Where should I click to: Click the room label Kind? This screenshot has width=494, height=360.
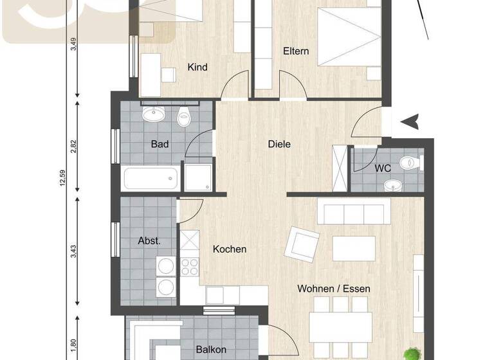point(197,67)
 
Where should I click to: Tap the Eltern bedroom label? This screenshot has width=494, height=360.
point(297,51)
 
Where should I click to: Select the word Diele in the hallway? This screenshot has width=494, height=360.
point(279,144)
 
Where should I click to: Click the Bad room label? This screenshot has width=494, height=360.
point(160,144)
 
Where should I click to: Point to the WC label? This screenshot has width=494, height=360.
point(383,168)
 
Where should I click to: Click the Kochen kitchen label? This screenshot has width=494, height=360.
point(230,249)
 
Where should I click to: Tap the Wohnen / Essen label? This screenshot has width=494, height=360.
point(333,289)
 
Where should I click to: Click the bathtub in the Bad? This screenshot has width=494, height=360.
point(151,177)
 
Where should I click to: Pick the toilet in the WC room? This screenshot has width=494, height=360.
point(409,163)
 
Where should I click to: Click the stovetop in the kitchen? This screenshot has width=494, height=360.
point(190,265)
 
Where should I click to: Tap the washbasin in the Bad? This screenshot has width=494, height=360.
point(154,115)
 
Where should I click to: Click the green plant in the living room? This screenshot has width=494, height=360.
point(410,353)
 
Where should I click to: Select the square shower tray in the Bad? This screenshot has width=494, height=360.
point(198,177)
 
